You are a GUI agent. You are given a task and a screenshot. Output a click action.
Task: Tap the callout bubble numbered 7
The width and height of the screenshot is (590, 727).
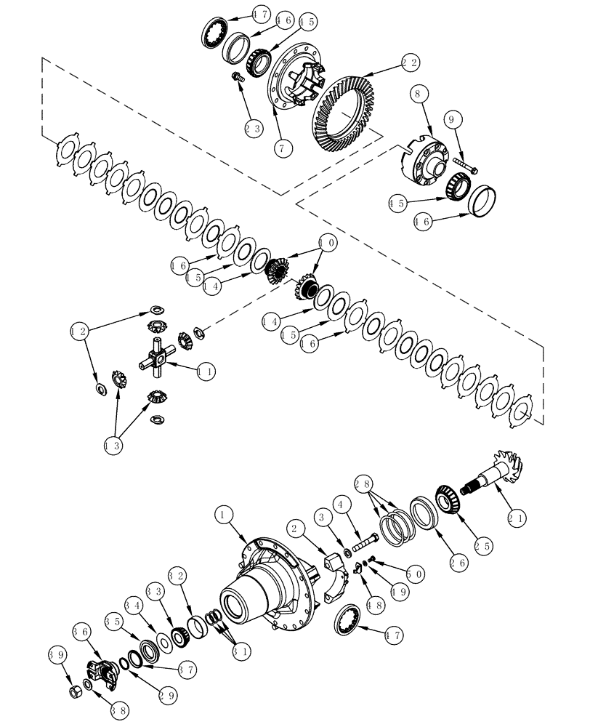(283, 147)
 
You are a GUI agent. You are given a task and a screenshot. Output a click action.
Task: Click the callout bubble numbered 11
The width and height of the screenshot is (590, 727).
(206, 370)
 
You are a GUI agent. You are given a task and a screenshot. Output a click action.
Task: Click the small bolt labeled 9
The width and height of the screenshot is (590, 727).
(461, 165)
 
